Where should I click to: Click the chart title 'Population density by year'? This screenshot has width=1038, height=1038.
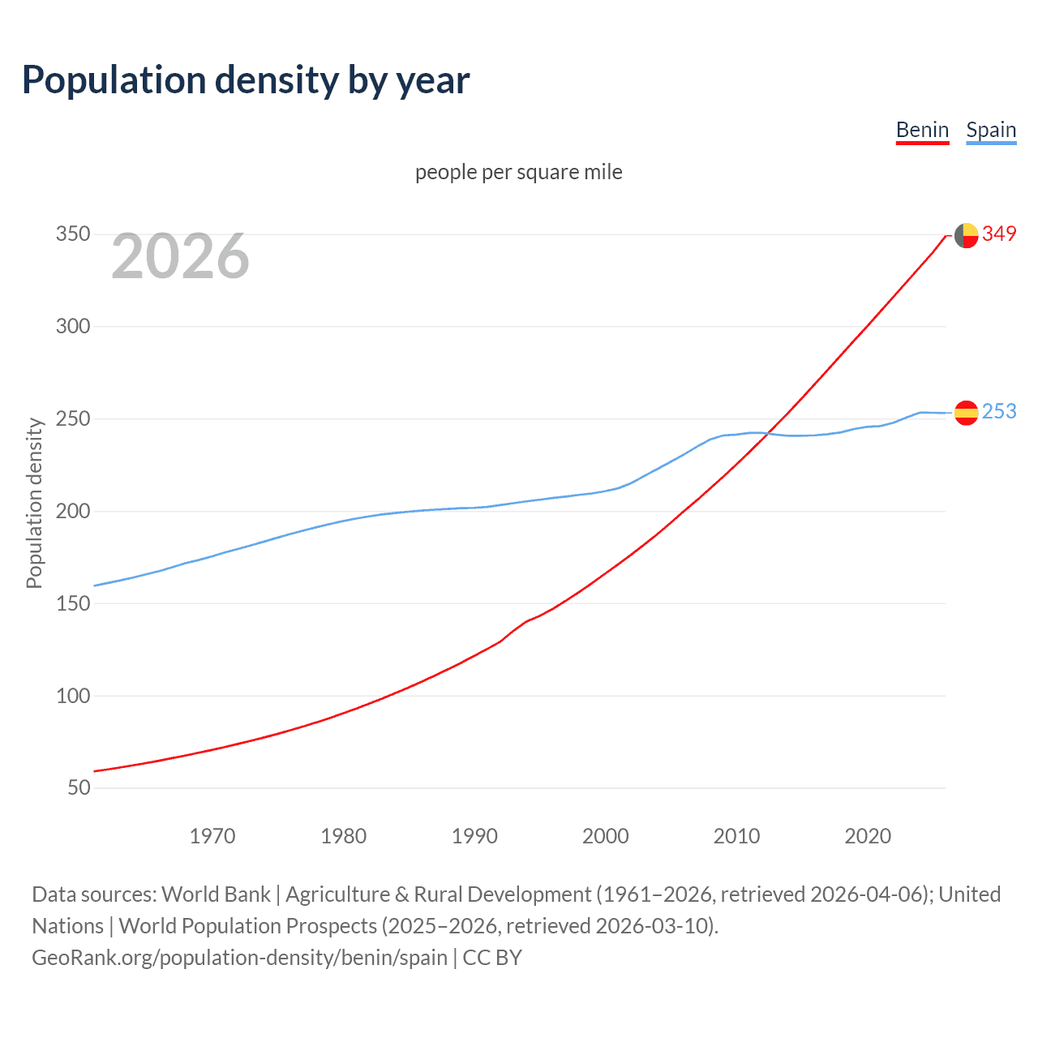(246, 80)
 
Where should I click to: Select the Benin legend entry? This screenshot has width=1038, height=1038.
(922, 130)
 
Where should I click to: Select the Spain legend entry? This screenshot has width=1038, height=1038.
(991, 130)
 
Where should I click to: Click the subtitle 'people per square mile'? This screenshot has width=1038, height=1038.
(518, 172)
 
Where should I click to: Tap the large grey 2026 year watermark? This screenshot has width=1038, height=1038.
(180, 256)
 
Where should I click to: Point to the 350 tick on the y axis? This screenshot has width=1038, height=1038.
(73, 234)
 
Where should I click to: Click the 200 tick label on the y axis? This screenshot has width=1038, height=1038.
(73, 511)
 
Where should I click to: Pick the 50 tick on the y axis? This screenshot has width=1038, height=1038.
(79, 787)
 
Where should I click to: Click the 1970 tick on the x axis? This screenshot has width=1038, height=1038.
(212, 835)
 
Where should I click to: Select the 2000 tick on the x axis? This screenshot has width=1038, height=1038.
(606, 835)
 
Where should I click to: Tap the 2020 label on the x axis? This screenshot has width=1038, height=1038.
(868, 835)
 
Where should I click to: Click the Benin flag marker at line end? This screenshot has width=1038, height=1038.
(966, 235)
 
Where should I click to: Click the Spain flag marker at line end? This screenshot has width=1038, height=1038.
(966, 413)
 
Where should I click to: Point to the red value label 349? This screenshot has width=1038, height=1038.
(999, 234)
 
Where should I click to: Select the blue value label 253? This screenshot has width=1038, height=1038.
(999, 412)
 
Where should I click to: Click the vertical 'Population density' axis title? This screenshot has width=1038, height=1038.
(34, 503)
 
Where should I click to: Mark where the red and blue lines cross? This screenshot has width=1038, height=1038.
(766, 434)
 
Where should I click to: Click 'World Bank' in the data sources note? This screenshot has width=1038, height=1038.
(216, 894)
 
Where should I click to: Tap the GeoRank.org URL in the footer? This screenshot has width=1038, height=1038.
(239, 957)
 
